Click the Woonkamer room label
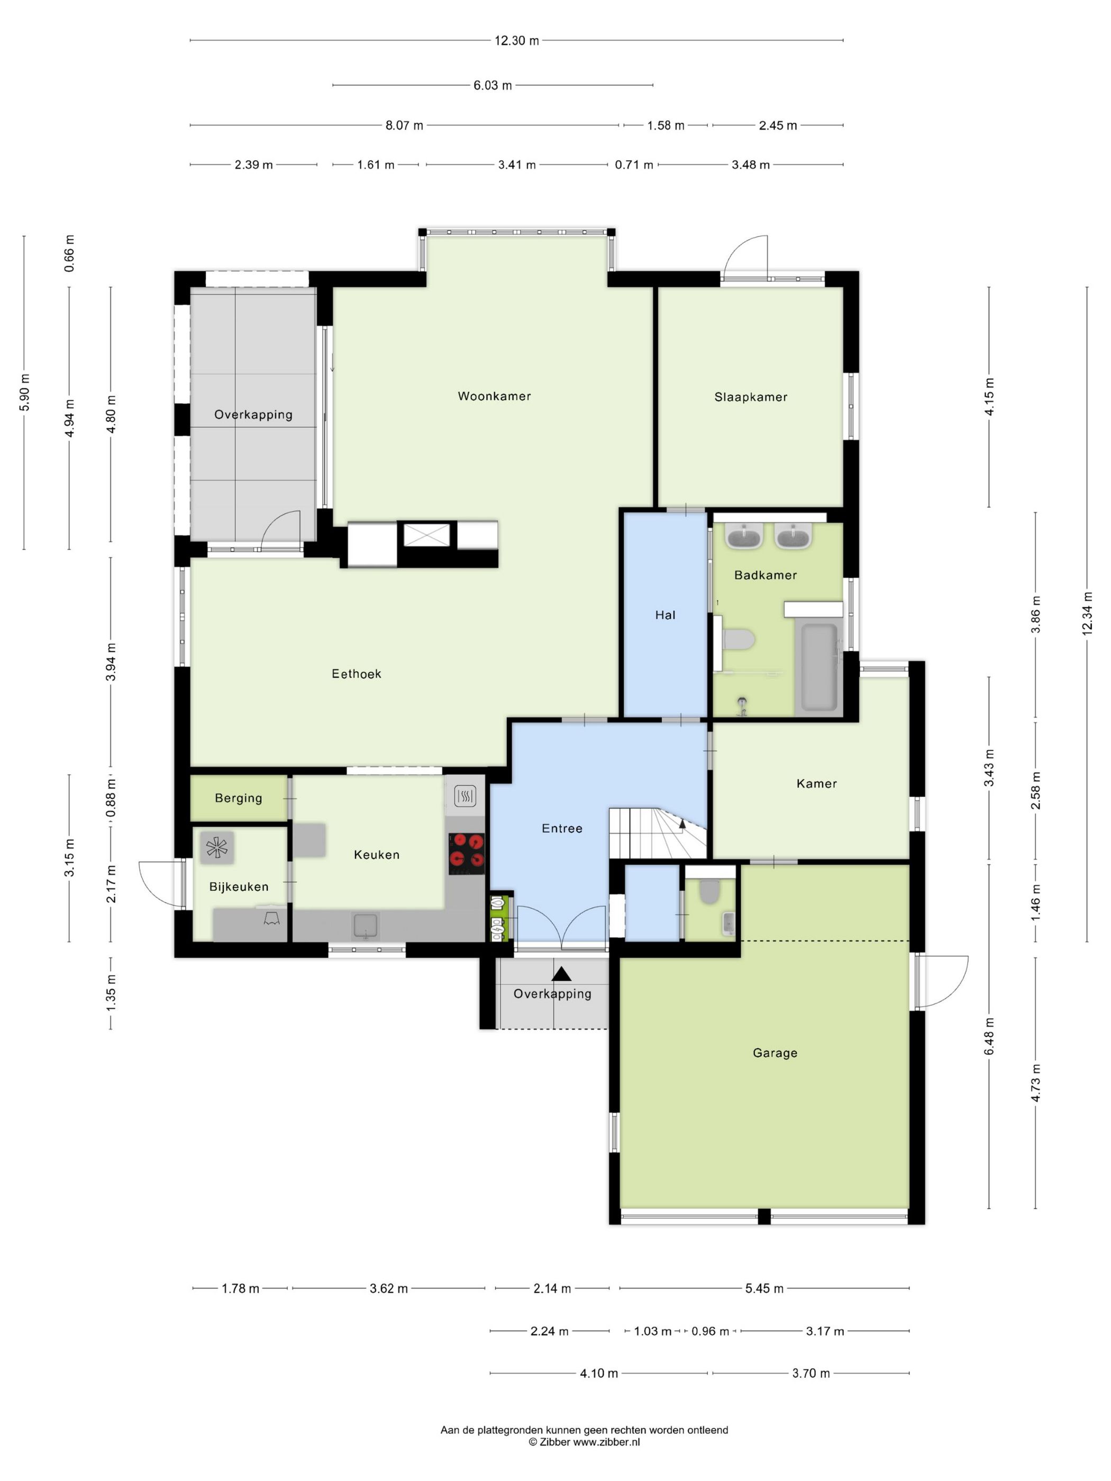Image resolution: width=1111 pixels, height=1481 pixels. coord(494,396)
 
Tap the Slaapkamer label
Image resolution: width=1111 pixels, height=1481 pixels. coord(751,397)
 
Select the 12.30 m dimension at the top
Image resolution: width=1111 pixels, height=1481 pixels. coord(516,41)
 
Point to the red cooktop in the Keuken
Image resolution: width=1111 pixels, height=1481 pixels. coord(467,853)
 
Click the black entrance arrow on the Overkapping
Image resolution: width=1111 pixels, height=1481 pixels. coord(561,974)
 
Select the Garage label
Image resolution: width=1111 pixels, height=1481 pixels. coord(775,1053)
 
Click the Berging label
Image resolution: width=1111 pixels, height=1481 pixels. coord(239,798)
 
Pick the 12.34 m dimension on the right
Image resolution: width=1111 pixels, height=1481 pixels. coord(1087,613)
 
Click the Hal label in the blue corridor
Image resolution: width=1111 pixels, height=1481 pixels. coord(665,615)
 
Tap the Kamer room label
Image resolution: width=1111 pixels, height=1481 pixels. coord(816,783)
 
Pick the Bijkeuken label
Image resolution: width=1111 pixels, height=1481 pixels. coord(239,887)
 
